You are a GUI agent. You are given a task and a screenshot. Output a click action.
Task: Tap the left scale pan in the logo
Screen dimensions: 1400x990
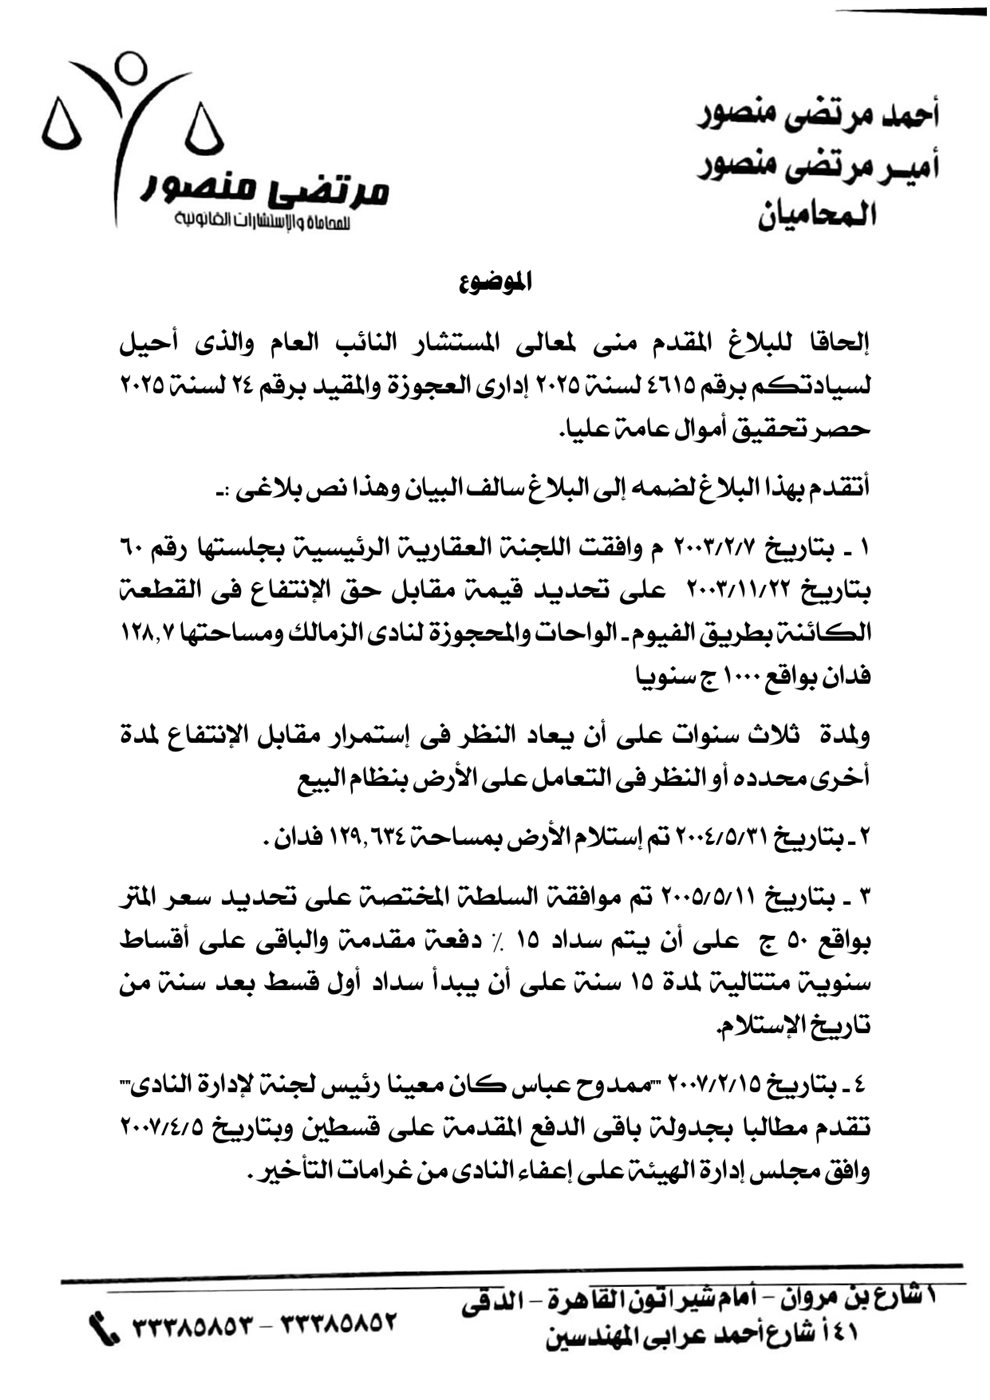tap(63, 128)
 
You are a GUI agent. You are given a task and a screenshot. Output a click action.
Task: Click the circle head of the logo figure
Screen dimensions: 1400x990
tap(130, 67)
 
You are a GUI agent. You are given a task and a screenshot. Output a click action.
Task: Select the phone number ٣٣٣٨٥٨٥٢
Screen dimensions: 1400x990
tap(341, 1325)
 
